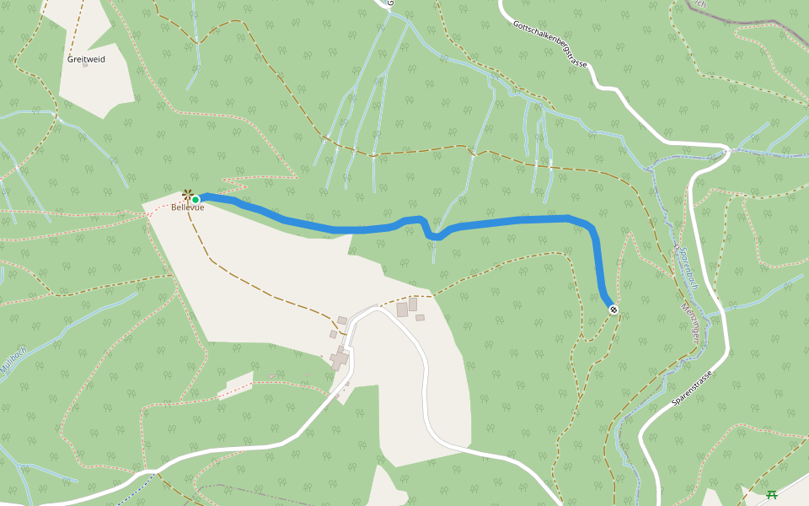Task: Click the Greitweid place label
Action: tap(86, 60)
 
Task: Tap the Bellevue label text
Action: tap(188, 207)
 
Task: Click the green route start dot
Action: tap(196, 200)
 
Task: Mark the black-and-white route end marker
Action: tap(613, 310)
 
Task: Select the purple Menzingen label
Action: tap(690, 320)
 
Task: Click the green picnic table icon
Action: tap(770, 495)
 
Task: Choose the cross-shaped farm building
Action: tap(340, 360)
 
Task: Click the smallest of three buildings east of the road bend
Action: tap(420, 318)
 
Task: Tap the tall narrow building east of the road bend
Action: tap(413, 304)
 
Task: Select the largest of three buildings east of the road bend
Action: tap(402, 310)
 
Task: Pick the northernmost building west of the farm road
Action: tap(342, 320)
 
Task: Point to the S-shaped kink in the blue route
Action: tap(428, 229)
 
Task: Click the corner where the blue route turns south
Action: tap(590, 228)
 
